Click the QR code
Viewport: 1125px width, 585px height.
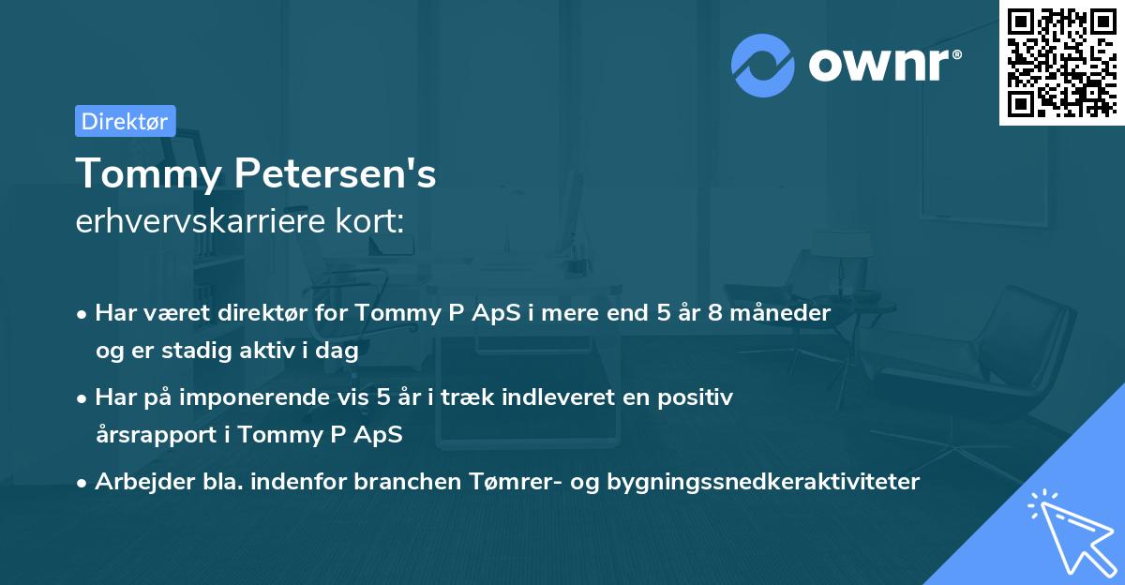coord(1062,63)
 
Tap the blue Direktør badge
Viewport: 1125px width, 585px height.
coord(125,121)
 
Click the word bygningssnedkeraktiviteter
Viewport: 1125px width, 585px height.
coord(763,482)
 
